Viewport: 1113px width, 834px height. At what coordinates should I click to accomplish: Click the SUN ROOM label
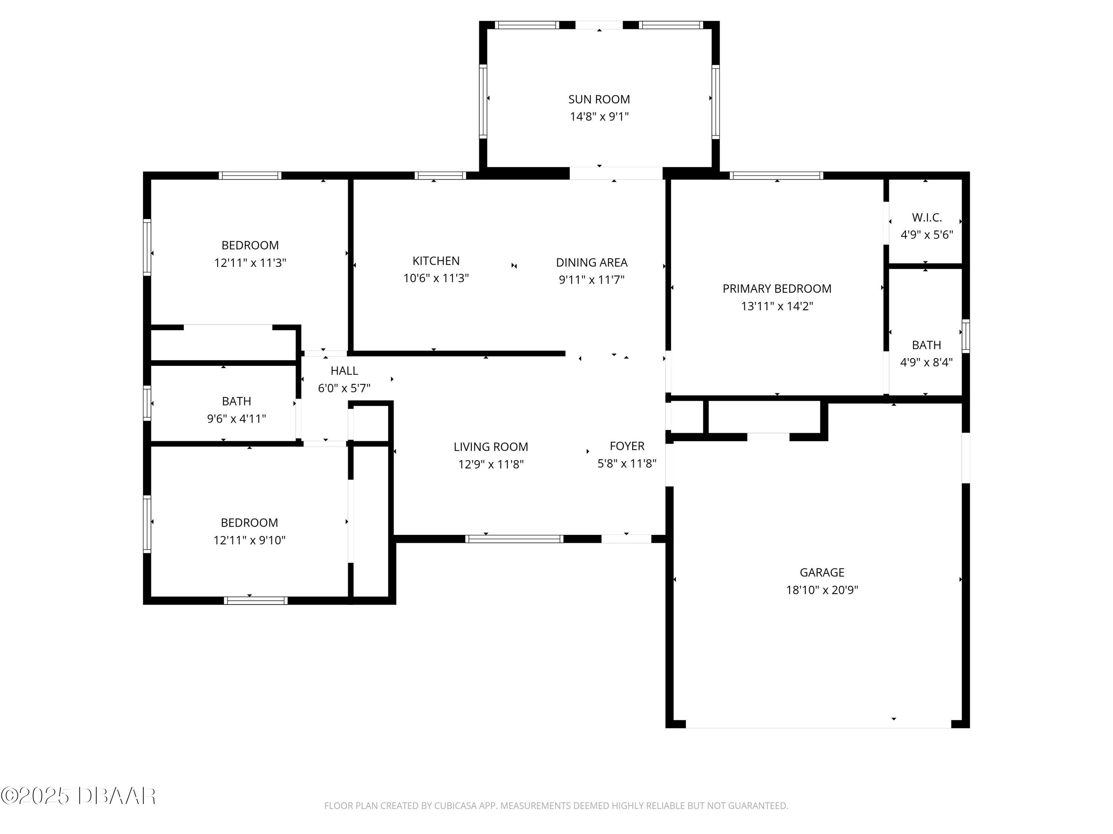599,100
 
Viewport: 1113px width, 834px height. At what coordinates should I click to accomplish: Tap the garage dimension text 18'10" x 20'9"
822,590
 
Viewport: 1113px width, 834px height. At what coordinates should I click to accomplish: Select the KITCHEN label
436,261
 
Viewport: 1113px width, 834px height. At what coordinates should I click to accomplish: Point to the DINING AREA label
591,262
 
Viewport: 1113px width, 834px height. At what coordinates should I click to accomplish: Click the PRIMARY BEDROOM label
777,288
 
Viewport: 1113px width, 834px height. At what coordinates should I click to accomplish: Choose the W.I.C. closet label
926,218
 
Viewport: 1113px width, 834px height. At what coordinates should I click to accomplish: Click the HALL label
344,371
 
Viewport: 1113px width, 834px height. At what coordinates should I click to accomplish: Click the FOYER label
627,446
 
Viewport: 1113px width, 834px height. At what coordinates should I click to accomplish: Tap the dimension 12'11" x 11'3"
250,263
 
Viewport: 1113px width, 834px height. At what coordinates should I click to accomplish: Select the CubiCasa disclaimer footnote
556,806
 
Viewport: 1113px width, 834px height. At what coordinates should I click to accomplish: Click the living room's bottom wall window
514,539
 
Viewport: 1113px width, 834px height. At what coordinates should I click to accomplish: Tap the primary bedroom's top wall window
777,175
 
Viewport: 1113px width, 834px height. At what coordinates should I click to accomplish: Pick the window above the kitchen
440,175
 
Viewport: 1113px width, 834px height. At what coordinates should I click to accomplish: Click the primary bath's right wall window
966,336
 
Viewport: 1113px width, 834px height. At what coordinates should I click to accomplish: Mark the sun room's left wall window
483,101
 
